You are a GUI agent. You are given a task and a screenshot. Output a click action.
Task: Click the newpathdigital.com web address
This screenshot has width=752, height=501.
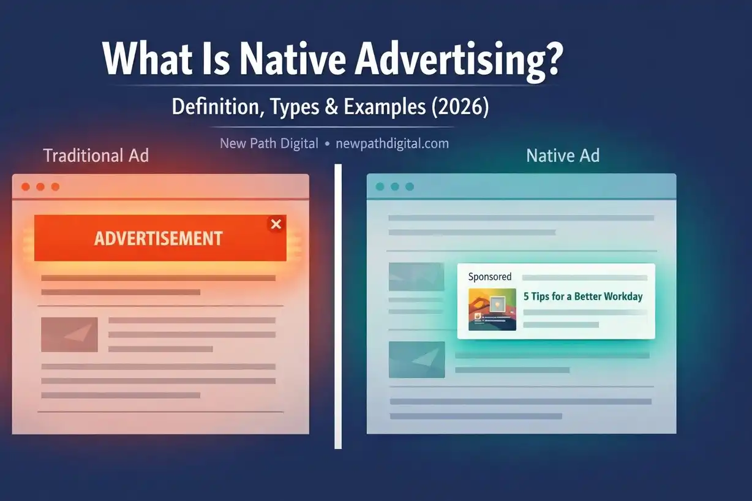click(x=392, y=144)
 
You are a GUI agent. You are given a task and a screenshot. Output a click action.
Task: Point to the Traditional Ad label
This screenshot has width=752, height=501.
click(x=96, y=156)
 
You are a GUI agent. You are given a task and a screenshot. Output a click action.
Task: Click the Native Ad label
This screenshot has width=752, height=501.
click(x=563, y=156)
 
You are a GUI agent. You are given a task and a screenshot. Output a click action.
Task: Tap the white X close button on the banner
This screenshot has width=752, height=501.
click(x=276, y=224)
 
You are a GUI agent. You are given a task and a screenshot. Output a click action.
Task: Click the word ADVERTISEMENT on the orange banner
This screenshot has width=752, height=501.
click(x=158, y=238)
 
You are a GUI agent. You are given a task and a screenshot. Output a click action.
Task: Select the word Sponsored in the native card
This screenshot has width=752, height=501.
click(x=490, y=277)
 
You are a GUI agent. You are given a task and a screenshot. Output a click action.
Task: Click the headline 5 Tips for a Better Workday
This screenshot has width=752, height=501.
click(x=583, y=296)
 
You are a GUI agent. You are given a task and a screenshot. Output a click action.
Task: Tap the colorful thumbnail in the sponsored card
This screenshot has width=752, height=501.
click(x=492, y=309)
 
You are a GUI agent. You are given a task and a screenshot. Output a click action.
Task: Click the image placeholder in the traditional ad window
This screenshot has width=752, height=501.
click(x=69, y=334)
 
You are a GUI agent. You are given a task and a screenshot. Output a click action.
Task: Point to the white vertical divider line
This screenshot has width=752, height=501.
click(x=337, y=306)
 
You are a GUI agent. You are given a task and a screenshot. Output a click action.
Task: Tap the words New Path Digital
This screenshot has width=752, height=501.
click(x=269, y=144)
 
